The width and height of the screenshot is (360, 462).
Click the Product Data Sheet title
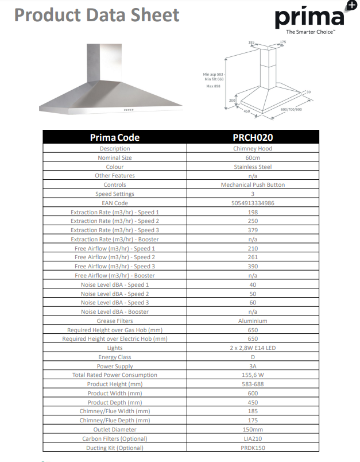pos(96,15)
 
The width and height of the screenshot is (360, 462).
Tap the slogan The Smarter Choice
pos(310,33)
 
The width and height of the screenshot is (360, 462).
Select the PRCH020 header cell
pos(253,137)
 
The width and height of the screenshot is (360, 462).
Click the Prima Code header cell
pos(115,137)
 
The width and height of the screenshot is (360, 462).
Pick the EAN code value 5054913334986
pos(253,203)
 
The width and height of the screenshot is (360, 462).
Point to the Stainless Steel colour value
pos(253,167)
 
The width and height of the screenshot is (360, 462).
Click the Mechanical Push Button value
pos(253,184)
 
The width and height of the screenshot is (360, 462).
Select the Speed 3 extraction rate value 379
pos(253,230)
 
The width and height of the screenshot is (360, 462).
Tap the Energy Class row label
pos(115,357)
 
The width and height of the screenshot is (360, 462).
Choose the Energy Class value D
pos(253,357)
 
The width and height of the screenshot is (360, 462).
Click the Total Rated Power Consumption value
pos(253,375)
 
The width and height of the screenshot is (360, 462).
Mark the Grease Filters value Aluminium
pos(253,321)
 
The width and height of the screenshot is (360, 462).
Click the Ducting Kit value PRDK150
pos(253,448)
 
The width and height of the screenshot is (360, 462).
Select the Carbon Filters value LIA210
pos(253,438)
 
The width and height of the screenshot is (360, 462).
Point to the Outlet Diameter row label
pos(115,429)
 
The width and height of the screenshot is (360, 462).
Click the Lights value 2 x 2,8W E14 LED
pos(253,348)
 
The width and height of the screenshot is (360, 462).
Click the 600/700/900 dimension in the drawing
pos(291,109)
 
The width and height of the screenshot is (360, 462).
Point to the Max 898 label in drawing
pos(213,86)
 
